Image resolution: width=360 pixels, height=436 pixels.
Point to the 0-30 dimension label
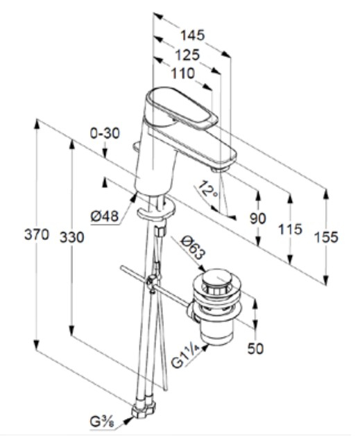(105, 132)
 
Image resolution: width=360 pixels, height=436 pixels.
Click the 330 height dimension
(72, 237)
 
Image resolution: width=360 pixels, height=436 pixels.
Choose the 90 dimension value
(258, 218)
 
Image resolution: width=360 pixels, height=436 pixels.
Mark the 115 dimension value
(290, 229)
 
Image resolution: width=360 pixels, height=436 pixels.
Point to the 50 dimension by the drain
(257, 349)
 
